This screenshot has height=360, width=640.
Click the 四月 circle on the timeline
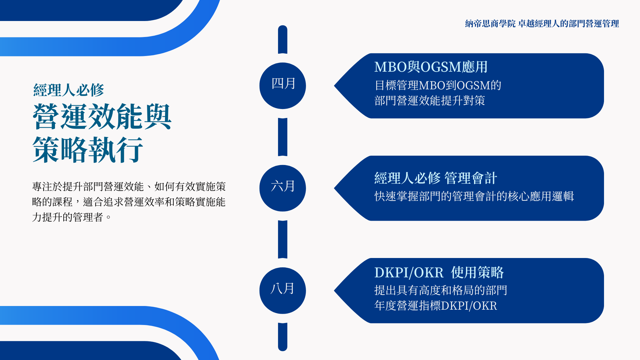pyautogui.click(x=283, y=86)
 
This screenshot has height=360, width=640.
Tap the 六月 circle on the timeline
pyautogui.click(x=283, y=188)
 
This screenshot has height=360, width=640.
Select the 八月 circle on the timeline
pyautogui.click(x=283, y=290)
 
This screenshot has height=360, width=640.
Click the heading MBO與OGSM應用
pyautogui.click(x=431, y=67)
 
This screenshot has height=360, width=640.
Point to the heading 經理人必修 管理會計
pyautogui.click(x=436, y=178)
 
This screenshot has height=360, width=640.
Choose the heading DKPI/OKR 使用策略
pyautogui.click(x=439, y=272)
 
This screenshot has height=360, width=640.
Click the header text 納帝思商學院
pyautogui.click(x=490, y=24)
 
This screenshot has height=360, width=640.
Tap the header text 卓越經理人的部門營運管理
pyautogui.click(x=569, y=24)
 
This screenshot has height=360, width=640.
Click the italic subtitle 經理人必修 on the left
pyautogui.click(x=69, y=90)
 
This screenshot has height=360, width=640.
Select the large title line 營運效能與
pyautogui.click(x=102, y=117)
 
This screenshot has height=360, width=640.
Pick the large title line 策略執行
pyautogui.click(x=88, y=150)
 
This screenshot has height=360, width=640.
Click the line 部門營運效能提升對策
pyautogui.click(x=430, y=100)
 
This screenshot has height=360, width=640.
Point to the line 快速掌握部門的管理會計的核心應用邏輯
pyautogui.click(x=474, y=196)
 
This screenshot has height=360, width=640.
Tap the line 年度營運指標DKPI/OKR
pyautogui.click(x=436, y=306)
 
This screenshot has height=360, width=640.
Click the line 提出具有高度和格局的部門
pyautogui.click(x=441, y=290)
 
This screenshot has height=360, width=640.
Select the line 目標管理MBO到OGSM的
pyautogui.click(x=438, y=85)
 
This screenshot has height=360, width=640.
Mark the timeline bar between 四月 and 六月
pyautogui.click(x=283, y=137)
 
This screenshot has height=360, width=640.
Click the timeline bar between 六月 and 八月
pyautogui.click(x=283, y=239)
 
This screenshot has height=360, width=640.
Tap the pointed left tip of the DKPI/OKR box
pyautogui.click(x=334, y=291)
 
